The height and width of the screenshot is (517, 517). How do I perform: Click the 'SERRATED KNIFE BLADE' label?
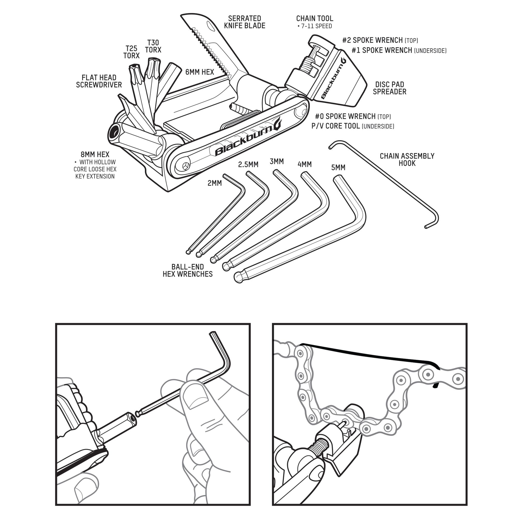click(244, 22)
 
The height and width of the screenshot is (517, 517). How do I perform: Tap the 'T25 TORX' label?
click(131, 52)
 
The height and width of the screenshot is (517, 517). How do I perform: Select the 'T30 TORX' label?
click(153, 46)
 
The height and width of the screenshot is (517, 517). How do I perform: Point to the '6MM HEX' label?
click(200, 72)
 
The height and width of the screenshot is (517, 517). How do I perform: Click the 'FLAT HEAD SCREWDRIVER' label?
click(99, 81)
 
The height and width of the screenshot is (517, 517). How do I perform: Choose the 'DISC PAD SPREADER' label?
click(389, 88)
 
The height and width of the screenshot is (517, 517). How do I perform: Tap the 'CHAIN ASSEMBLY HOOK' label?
click(407, 159)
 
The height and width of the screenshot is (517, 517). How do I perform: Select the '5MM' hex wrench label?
click(338, 168)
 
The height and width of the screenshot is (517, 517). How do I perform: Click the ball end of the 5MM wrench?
click(239, 277)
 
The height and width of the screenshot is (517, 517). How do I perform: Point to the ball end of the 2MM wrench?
click(188, 252)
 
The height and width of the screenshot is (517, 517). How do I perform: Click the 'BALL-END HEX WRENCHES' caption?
click(188, 271)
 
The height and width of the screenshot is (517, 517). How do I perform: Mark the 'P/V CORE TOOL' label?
click(336, 126)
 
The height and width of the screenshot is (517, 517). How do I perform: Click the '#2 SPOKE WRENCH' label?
click(372, 40)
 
